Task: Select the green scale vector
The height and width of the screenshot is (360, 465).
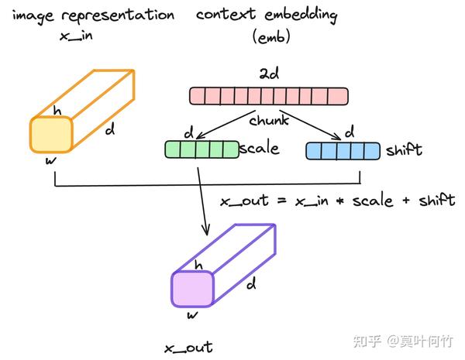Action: tap(201, 149)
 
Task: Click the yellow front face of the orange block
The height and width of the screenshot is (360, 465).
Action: tap(52, 135)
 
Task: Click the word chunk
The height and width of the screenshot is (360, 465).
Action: tap(269, 120)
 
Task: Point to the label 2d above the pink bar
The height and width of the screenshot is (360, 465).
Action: tap(269, 74)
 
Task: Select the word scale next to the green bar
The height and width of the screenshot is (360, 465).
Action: tap(260, 149)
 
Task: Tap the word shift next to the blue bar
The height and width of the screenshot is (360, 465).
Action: tap(404, 150)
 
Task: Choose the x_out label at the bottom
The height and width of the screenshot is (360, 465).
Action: tap(188, 348)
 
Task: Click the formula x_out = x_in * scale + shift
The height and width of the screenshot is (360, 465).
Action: tap(337, 201)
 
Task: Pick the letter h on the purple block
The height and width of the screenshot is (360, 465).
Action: tap(198, 266)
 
